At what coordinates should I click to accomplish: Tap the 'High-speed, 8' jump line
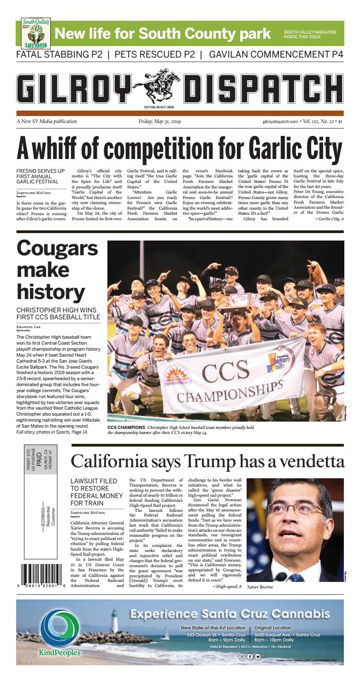tap(226, 586)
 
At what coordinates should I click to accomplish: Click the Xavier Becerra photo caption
tap(260, 587)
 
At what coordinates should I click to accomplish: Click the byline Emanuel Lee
tap(29, 327)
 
